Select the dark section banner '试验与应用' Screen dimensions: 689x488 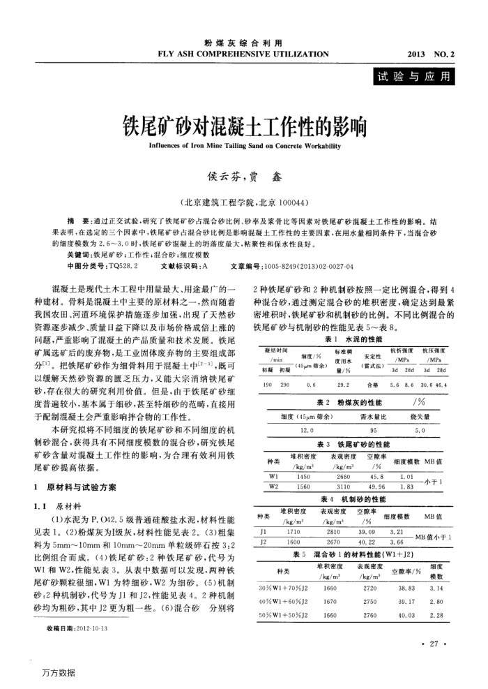pos(413,76)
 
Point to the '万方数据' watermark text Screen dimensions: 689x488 pos(58,673)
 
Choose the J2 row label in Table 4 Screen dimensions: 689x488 pos(264,521)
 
